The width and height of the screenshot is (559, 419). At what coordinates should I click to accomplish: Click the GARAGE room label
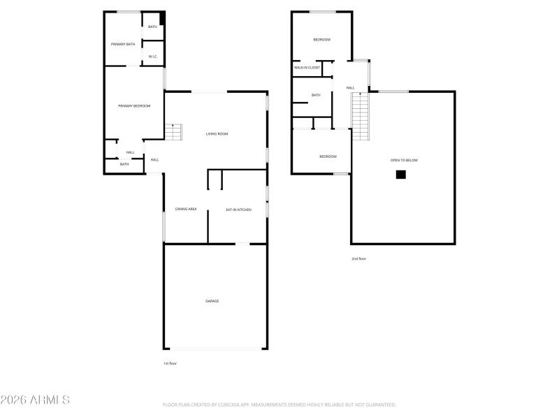pyautogui.click(x=212, y=301)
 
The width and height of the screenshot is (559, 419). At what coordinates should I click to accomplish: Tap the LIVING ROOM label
pyautogui.click(x=217, y=133)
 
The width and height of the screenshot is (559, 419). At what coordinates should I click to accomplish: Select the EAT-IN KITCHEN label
pyautogui.click(x=238, y=209)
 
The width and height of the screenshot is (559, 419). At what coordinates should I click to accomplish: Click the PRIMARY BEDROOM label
pyautogui.click(x=134, y=105)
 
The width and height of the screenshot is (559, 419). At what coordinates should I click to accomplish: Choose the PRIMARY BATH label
pyautogui.click(x=123, y=44)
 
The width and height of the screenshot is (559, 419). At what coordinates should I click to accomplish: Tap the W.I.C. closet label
pyautogui.click(x=152, y=57)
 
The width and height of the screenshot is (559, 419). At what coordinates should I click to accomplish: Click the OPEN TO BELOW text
pyautogui.click(x=404, y=161)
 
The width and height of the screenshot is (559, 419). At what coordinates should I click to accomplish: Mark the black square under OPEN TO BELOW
pyautogui.click(x=400, y=175)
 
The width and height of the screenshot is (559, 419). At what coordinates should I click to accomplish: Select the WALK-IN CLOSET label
pyautogui.click(x=307, y=68)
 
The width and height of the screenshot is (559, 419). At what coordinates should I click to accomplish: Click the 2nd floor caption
pyautogui.click(x=358, y=258)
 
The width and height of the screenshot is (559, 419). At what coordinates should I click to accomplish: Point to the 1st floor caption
pyautogui.click(x=170, y=363)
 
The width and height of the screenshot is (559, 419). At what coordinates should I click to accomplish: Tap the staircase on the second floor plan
pyautogui.click(x=360, y=116)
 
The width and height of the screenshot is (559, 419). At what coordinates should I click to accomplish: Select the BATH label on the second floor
pyautogui.click(x=316, y=95)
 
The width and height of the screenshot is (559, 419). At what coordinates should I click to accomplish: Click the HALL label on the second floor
pyautogui.click(x=350, y=88)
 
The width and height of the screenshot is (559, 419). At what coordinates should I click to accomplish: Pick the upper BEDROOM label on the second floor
pyautogui.click(x=321, y=40)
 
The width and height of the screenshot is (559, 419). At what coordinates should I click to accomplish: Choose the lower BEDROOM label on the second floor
pyautogui.click(x=328, y=156)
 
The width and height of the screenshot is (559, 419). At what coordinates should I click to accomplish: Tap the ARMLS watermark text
pyautogui.click(x=35, y=400)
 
